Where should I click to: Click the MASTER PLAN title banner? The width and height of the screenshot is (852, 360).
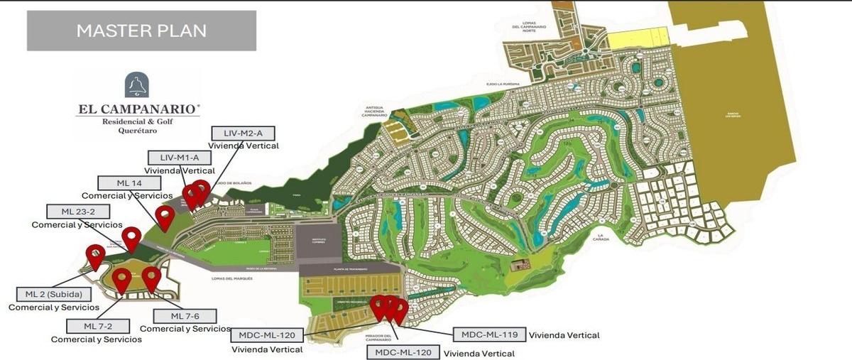[141, 31]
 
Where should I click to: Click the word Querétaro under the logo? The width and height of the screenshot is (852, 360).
[137, 130]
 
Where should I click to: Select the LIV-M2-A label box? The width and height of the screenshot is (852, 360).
[243, 133]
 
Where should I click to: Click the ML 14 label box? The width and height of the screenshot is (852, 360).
[129, 182]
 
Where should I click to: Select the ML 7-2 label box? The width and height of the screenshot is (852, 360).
[97, 326]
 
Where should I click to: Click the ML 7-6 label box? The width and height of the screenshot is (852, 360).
[185, 316]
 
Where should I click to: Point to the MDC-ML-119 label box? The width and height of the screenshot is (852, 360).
[489, 334]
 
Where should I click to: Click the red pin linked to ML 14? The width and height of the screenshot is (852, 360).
[165, 217]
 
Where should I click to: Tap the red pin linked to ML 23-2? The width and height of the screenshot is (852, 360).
[131, 238]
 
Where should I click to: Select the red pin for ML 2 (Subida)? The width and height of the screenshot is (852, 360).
[96, 255]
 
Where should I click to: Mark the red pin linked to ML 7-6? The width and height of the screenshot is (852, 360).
[151, 278]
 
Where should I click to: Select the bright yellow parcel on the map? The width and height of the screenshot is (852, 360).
[639, 38]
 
